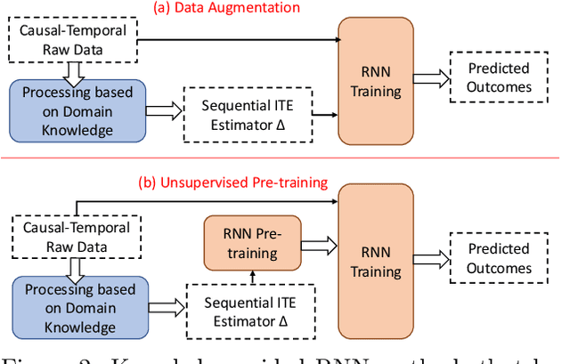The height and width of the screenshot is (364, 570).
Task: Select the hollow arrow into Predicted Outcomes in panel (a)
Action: (x=430, y=78)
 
